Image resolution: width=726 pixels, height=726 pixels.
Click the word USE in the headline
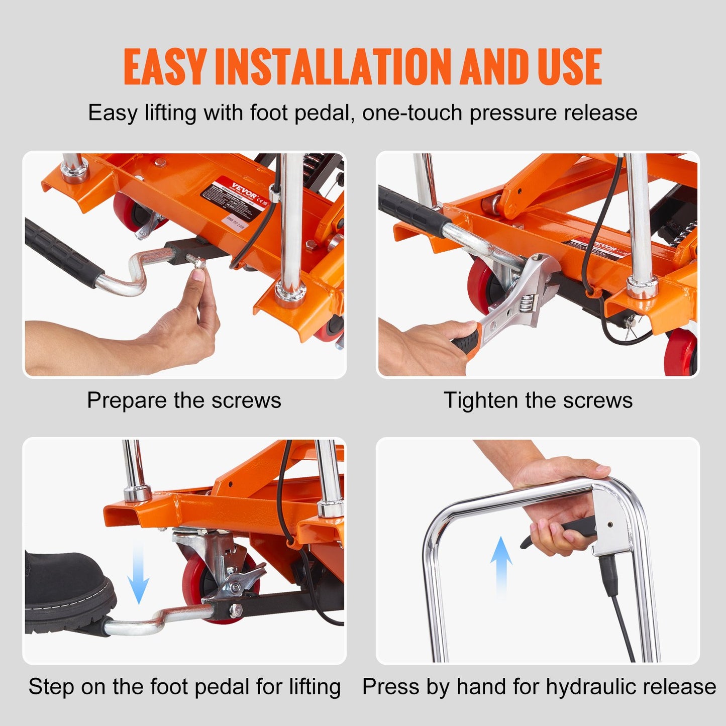[570, 67]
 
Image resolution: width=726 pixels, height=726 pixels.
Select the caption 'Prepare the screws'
[184, 400]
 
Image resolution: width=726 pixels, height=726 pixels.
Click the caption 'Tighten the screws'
[538, 400]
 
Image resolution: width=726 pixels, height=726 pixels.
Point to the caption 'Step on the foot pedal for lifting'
[184, 686]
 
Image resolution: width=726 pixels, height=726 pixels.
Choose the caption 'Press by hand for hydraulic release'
[539, 686]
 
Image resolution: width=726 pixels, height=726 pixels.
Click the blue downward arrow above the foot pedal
[138, 575]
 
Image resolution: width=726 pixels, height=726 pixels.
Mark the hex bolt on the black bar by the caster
[235, 610]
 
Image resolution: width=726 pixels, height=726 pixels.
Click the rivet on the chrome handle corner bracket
[609, 524]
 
